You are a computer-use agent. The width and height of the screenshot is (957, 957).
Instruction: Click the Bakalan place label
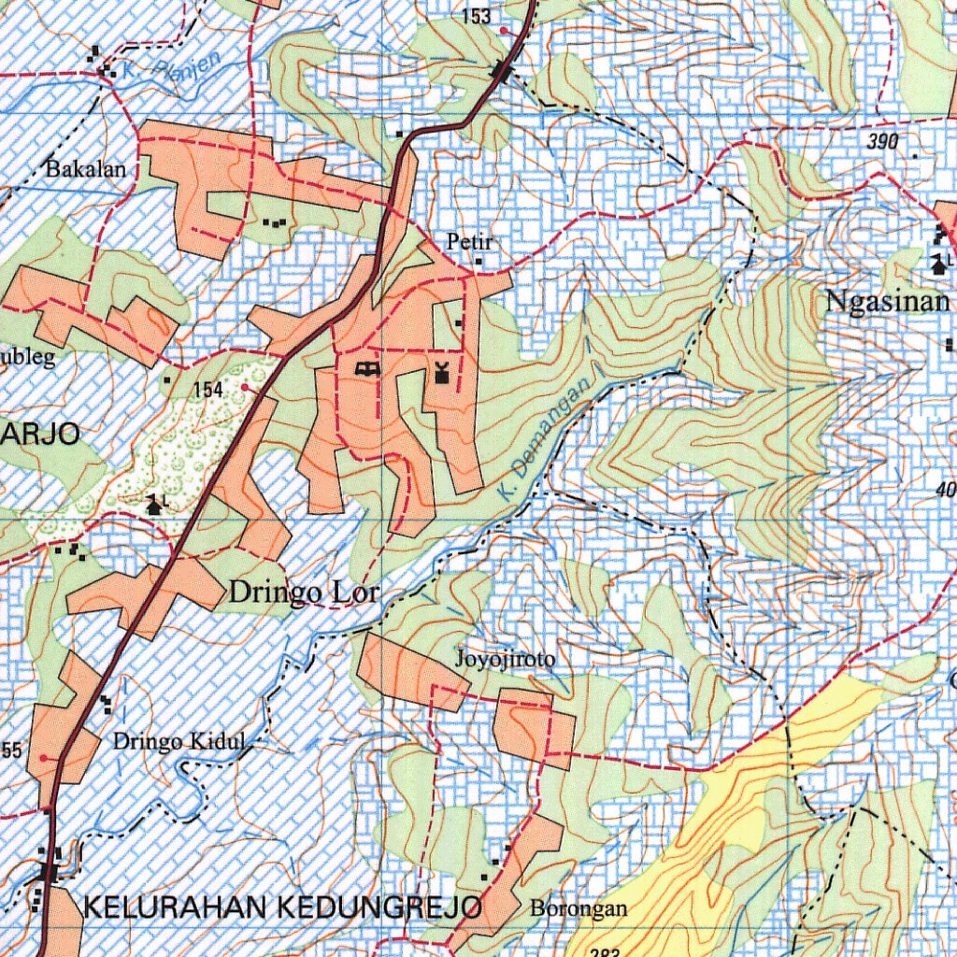click(85, 170)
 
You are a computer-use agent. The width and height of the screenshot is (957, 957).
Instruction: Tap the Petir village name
click(468, 243)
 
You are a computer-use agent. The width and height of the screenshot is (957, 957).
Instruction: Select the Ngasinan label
click(887, 302)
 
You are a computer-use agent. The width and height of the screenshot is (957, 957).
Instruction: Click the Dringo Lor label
click(305, 593)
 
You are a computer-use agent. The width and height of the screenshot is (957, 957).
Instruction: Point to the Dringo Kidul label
click(179, 742)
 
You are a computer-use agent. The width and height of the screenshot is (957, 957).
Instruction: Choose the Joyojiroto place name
click(505, 660)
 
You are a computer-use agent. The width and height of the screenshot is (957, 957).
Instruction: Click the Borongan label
click(578, 907)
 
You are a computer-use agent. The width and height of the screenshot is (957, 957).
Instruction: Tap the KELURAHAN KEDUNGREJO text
click(283, 907)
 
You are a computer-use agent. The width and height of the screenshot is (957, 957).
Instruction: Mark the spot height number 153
click(476, 15)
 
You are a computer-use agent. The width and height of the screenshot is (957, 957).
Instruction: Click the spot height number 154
click(208, 391)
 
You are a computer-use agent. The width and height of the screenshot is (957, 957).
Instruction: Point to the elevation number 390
click(881, 142)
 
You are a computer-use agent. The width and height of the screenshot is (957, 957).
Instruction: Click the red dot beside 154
click(245, 386)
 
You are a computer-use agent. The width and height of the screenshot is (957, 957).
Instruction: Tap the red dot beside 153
click(505, 30)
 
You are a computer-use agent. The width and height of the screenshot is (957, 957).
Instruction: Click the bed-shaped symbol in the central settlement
click(367, 369)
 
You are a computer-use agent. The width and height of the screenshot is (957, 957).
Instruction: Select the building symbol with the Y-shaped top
click(442, 373)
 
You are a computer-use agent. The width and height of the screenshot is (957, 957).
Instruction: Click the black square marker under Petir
click(478, 262)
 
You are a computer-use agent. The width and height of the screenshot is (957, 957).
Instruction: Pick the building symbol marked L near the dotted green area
click(154, 506)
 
